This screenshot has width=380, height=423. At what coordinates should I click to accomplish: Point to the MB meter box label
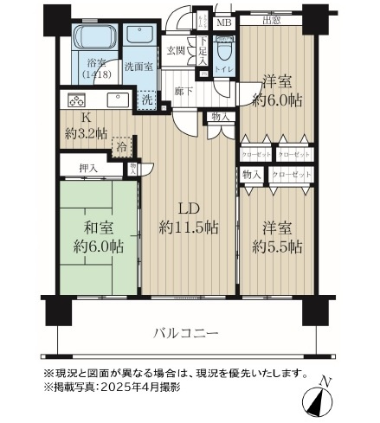[223, 23]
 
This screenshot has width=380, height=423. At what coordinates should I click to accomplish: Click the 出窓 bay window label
[272, 21]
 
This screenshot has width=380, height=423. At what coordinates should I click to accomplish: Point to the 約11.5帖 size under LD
[188, 228]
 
